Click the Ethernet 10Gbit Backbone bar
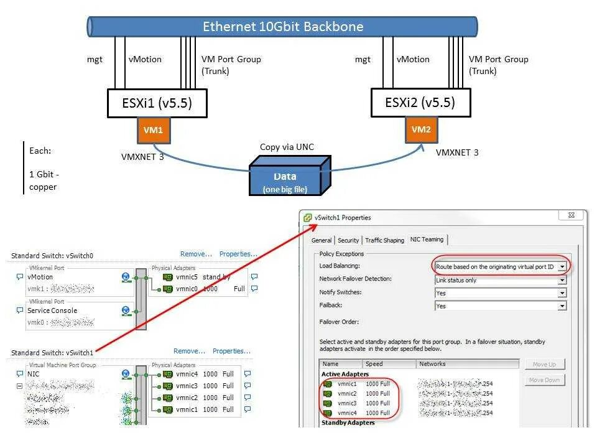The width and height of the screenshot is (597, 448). (283, 27)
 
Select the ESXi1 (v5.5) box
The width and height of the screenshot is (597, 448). (157, 103)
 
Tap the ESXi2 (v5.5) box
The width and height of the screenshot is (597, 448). (420, 103)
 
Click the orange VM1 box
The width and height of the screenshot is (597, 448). (152, 131)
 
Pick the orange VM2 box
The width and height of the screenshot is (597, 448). (421, 130)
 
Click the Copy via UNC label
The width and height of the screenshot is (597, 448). (287, 147)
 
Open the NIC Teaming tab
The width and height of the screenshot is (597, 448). (427, 240)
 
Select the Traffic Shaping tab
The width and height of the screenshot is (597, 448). (384, 240)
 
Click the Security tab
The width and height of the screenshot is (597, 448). (348, 240)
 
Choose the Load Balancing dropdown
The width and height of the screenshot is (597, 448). (500, 266)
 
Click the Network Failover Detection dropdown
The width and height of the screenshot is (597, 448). (500, 280)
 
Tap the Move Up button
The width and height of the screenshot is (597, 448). (544, 364)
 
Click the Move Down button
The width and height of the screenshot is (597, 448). (544, 380)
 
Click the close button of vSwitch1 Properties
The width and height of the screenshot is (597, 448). (570, 215)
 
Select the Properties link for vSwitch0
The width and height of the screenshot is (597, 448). (237, 254)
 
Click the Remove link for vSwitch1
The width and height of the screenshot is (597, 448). (189, 351)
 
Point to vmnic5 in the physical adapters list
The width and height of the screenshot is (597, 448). (186, 277)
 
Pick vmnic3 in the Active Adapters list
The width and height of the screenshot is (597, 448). (347, 403)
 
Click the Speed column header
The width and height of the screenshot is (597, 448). (374, 364)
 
